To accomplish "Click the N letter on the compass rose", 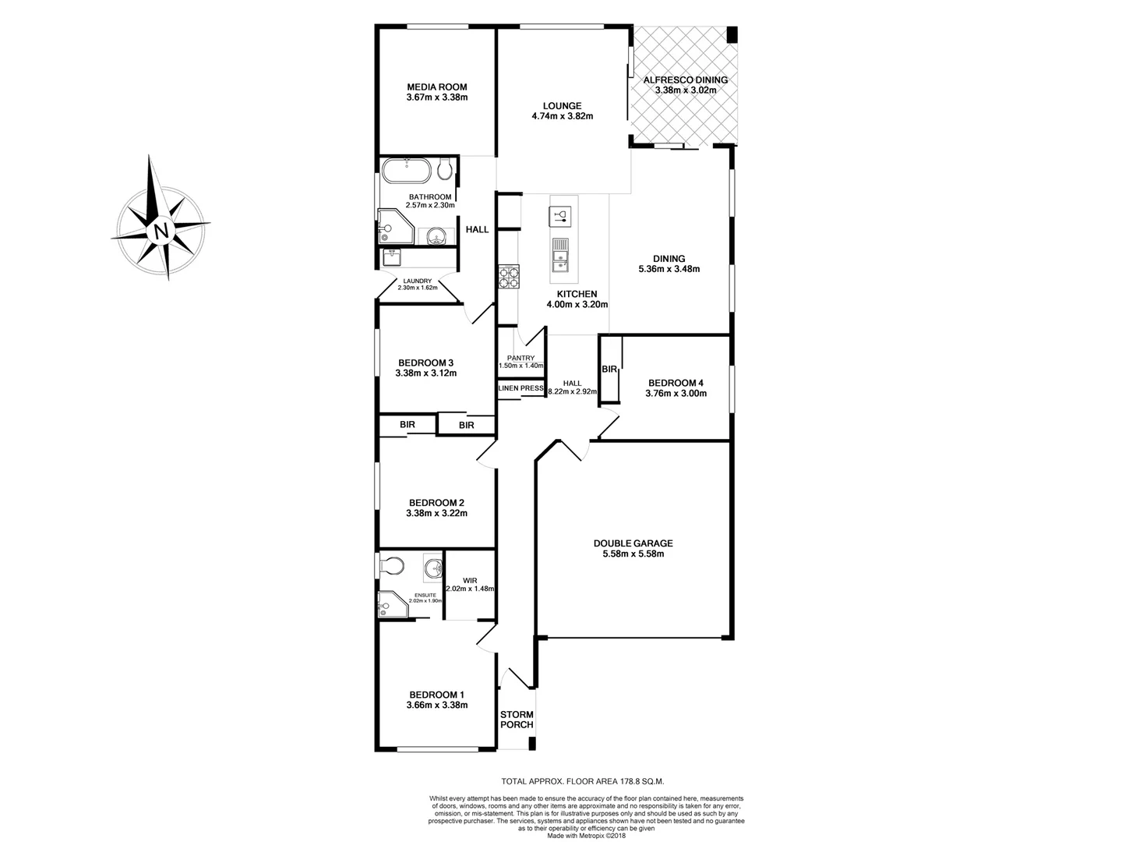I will (161, 231).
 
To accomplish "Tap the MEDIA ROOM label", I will (436, 87).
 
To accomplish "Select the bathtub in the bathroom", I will (407, 169).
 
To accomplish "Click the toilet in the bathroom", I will (445, 169).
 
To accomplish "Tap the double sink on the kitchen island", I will (560, 260).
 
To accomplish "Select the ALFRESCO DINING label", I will (685, 80).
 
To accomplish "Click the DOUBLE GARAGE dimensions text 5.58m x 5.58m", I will (633, 554).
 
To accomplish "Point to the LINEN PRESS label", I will (520, 388).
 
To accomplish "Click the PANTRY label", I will (520, 358).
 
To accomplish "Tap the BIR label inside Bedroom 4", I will (609, 369).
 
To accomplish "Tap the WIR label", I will (469, 580).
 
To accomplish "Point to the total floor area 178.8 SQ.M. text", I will (583, 780).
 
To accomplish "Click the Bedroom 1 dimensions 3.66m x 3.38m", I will (436, 706).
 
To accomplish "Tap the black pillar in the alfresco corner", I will (731, 34).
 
